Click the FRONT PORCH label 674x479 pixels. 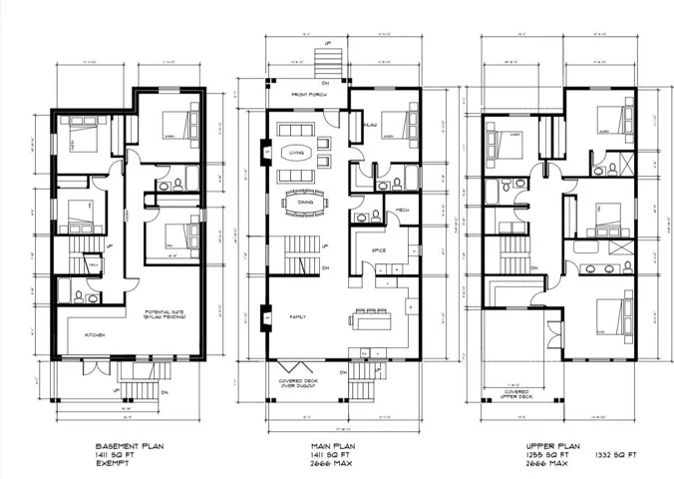click(309, 94)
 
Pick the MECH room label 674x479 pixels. click(404, 211)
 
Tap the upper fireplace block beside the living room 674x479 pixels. click(267, 152)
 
